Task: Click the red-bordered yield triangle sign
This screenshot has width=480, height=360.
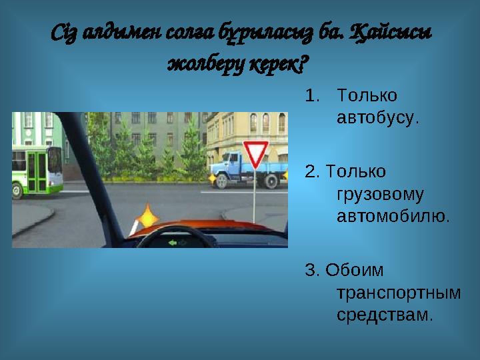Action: click(x=255, y=154)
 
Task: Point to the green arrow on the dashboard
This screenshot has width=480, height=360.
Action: click(x=173, y=243)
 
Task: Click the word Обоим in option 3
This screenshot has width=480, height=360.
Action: click(x=354, y=270)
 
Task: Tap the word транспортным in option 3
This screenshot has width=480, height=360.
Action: click(x=399, y=292)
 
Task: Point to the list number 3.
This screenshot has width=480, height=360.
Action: click(x=310, y=270)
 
